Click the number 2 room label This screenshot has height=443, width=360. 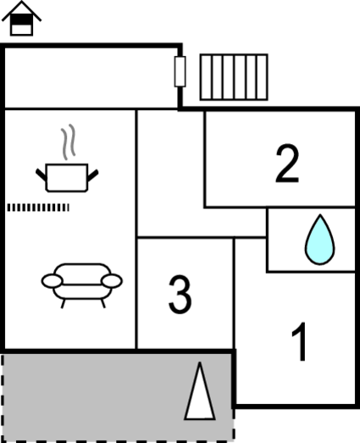287,163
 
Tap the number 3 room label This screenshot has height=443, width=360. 180,294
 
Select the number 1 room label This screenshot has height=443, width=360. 299,341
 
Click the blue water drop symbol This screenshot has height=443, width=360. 320,241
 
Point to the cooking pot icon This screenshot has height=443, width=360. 67,178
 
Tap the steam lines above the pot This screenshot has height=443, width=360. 68,141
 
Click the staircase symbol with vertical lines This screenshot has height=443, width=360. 234,77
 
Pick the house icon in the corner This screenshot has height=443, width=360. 21,19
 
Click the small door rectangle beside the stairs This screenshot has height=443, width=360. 180,71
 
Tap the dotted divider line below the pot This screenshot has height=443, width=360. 38,208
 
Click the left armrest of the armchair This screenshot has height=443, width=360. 52,281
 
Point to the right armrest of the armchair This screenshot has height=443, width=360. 112,281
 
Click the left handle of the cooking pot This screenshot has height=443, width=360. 42,174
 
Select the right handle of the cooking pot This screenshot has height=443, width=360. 92,175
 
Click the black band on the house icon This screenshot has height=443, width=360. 21,19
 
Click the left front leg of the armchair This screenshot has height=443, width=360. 64,304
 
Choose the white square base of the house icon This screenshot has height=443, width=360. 21,30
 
